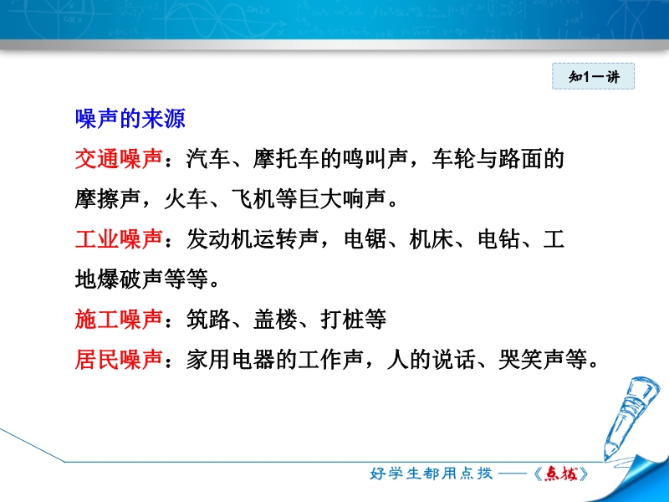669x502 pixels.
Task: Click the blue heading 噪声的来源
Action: click(x=130, y=119)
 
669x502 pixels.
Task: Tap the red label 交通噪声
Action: click(x=119, y=159)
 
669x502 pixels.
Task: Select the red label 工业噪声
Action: click(x=119, y=239)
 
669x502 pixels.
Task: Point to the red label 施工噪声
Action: click(x=119, y=320)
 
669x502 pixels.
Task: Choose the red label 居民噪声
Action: click(x=119, y=360)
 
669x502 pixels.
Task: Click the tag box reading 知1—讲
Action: click(x=594, y=76)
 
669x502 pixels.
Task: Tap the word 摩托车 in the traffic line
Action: click(x=286, y=159)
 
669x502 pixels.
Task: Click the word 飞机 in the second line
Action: click(x=253, y=199)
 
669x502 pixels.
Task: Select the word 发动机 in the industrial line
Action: click(x=219, y=239)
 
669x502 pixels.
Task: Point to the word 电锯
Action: click(x=365, y=239)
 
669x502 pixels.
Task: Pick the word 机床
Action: click(x=431, y=239)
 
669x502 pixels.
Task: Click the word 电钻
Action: click(x=498, y=239)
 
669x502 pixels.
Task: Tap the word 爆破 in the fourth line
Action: click(x=120, y=279)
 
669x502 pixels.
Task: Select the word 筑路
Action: click(x=208, y=320)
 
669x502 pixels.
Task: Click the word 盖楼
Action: click(x=275, y=320)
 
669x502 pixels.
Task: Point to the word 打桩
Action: click(x=342, y=320)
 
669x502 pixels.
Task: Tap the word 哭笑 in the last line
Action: click(x=520, y=360)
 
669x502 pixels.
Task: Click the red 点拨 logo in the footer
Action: click(x=561, y=474)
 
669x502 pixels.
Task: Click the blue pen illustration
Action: click(x=631, y=416)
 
